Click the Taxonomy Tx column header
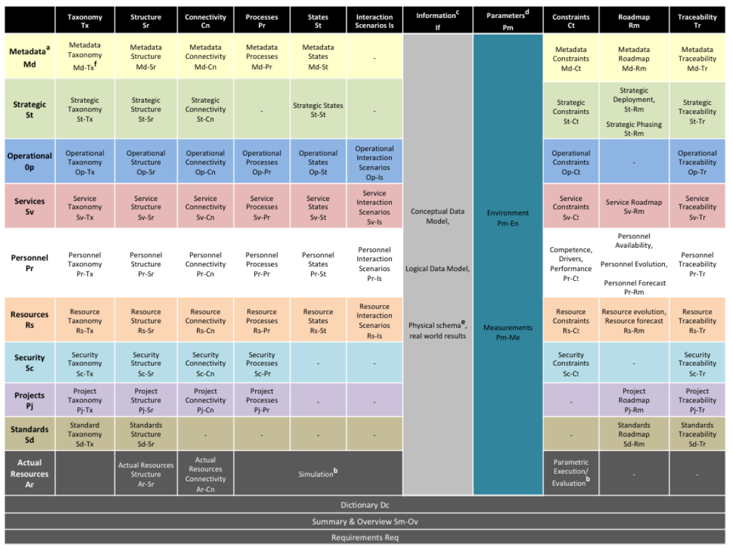coord(85,21)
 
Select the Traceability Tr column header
coord(697,21)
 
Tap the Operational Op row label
coord(29,161)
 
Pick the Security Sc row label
coord(29,363)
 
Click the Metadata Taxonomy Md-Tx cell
coord(85,56)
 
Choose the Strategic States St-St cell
coord(318,109)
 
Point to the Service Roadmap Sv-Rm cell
coord(634,206)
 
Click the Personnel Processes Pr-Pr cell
coord(262,264)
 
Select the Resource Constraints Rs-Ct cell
coord(571,320)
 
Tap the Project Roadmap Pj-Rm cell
coord(634,400)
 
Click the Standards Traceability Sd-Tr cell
coord(697,434)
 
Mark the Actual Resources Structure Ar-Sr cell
coord(146,474)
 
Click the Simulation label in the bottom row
coord(317,473)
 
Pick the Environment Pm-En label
coord(507,218)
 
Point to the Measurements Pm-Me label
coord(507,332)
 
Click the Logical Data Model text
coord(438,268)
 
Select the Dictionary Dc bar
coord(364,505)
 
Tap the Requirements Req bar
coord(364,537)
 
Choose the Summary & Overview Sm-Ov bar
coord(364,521)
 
